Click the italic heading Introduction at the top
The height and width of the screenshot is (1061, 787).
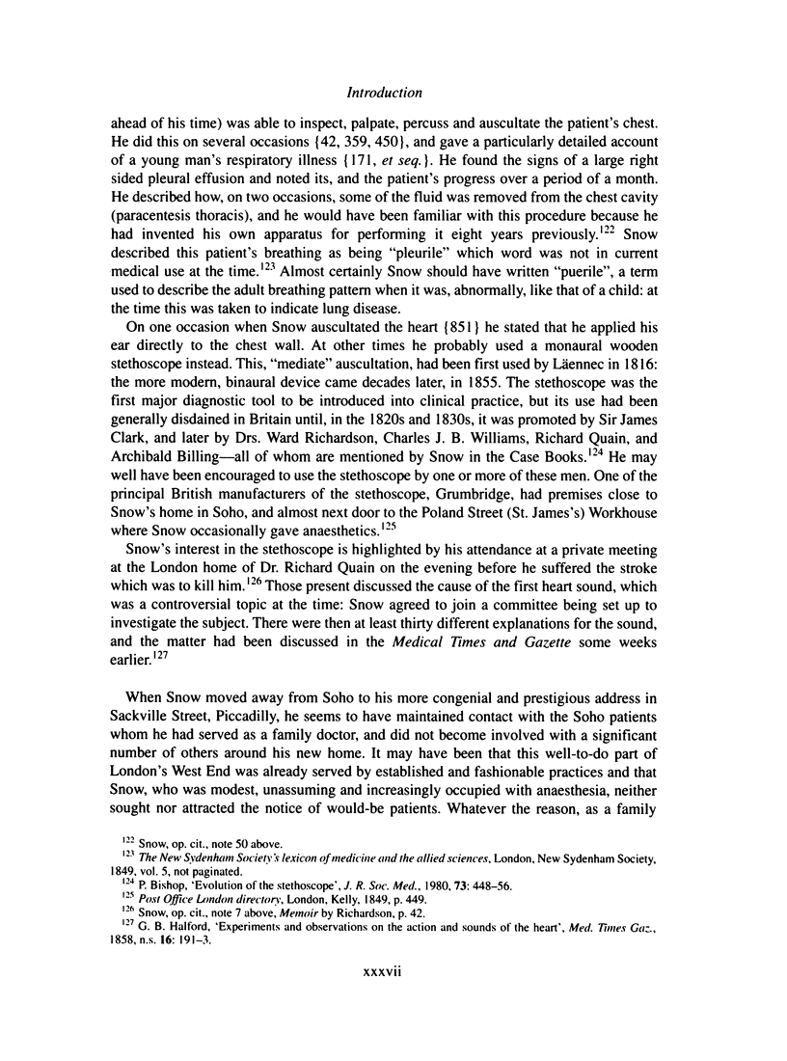click(x=393, y=95)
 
